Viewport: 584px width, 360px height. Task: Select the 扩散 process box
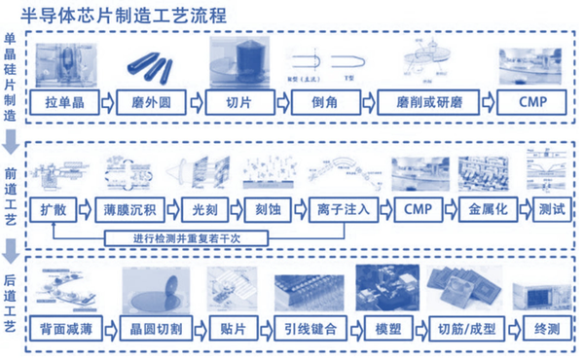[54, 209]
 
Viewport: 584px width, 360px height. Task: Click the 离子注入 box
[337, 209]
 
